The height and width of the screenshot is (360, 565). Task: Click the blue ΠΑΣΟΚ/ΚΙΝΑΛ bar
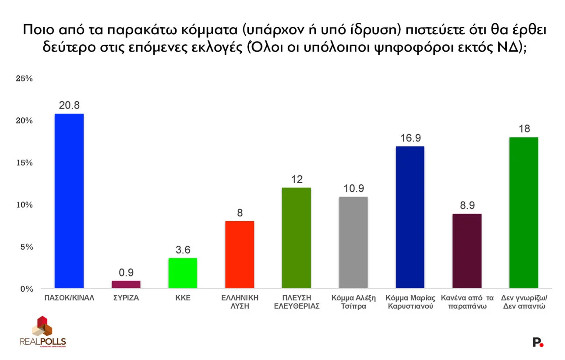pos(69,201)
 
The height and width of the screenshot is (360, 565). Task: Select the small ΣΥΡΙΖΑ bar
pos(126,284)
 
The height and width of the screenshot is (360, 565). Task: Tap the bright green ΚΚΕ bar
pos(183,273)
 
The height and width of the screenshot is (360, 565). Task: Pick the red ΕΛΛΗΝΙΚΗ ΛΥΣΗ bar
pos(240,254)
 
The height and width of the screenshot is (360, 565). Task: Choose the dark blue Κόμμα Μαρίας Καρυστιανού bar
pos(410,217)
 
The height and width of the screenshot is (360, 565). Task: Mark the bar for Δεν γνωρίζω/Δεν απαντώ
pos(524,213)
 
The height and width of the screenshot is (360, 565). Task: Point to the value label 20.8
pos(69,106)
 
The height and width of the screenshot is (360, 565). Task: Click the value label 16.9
pos(410,138)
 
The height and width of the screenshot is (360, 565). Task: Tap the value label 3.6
pos(183,250)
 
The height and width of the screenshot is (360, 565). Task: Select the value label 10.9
pos(353,189)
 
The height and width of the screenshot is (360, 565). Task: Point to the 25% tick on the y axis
pos(24,79)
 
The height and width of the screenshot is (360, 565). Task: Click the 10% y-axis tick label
pos(24,205)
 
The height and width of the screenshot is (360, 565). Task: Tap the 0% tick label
pos(26,289)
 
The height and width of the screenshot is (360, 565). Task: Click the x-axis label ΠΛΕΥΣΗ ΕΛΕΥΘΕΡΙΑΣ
pos(297,302)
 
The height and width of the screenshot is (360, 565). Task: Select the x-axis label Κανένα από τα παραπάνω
pos(467,302)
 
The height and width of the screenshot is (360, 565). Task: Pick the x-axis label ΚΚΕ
pos(183,298)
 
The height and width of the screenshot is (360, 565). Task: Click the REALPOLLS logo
pos(42,331)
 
